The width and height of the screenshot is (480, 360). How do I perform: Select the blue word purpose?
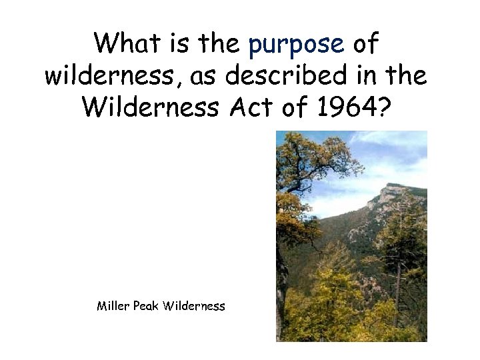click(295, 45)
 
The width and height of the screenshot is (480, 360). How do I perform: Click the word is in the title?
click(177, 44)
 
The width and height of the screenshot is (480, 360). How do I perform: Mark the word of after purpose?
click(366, 44)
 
